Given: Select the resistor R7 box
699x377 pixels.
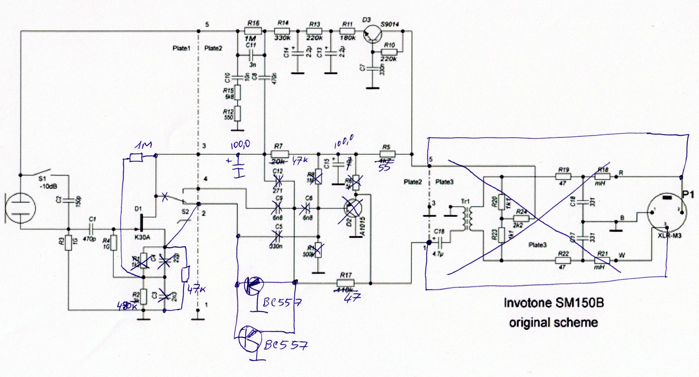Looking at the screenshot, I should (x=280, y=154).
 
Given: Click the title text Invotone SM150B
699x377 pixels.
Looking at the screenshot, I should (x=554, y=303).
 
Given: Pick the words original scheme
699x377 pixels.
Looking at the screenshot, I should (x=554, y=322).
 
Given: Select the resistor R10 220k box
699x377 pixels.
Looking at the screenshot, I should (x=389, y=52).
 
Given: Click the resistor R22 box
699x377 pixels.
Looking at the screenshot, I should (x=563, y=260).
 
